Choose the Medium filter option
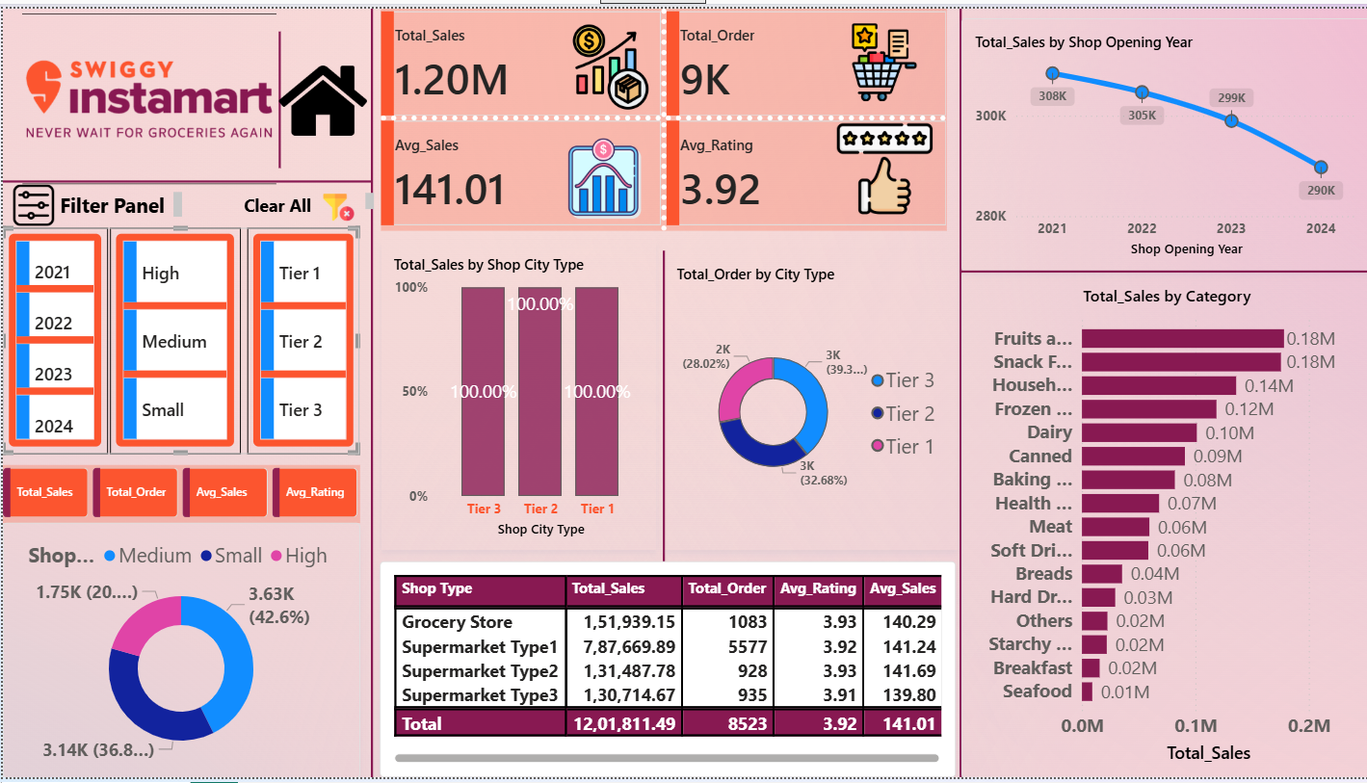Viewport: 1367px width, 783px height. pyautogui.click(x=174, y=342)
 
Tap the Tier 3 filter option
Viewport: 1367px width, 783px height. pyautogui.click(x=301, y=410)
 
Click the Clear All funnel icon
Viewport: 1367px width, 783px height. pyautogui.click(x=336, y=206)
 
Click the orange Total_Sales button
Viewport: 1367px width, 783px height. pyautogui.click(x=45, y=492)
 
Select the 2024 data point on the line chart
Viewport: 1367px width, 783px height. pyautogui.click(x=1321, y=168)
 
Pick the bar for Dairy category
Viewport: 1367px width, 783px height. pyautogui.click(x=1139, y=432)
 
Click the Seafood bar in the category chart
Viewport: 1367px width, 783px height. pyautogui.click(x=1087, y=692)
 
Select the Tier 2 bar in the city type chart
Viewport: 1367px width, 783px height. pyautogui.click(x=540, y=391)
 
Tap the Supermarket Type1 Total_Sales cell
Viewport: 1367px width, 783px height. pyautogui.click(x=623, y=647)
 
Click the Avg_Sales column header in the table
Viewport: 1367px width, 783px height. pyautogui.click(x=903, y=588)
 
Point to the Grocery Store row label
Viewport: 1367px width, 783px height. pyautogui.click(x=457, y=622)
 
